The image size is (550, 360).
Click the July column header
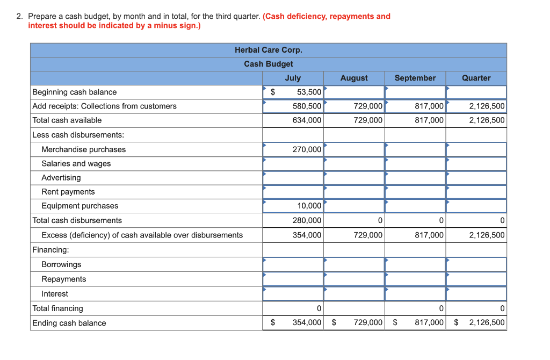tap(293, 78)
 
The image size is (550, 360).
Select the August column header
tap(354, 78)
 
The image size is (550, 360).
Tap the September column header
tap(415, 78)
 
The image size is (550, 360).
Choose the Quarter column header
tap(476, 78)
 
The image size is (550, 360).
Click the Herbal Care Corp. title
tap(269, 50)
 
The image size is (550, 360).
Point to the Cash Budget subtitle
tap(269, 64)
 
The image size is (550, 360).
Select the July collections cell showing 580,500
tap(293, 106)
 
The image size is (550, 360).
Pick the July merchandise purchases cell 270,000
tap(293, 149)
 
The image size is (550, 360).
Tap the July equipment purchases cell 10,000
tap(293, 206)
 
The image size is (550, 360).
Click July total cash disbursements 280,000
tap(293, 220)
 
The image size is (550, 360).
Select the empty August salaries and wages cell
tap(354, 163)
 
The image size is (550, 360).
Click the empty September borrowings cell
tap(415, 264)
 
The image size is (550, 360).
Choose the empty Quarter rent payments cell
tap(476, 192)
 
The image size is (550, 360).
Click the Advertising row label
tap(61, 178)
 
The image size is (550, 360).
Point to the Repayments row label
tap(64, 279)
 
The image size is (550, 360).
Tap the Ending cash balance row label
tap(69, 323)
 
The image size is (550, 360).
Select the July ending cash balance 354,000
tap(307, 323)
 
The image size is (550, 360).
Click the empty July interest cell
tap(293, 294)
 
